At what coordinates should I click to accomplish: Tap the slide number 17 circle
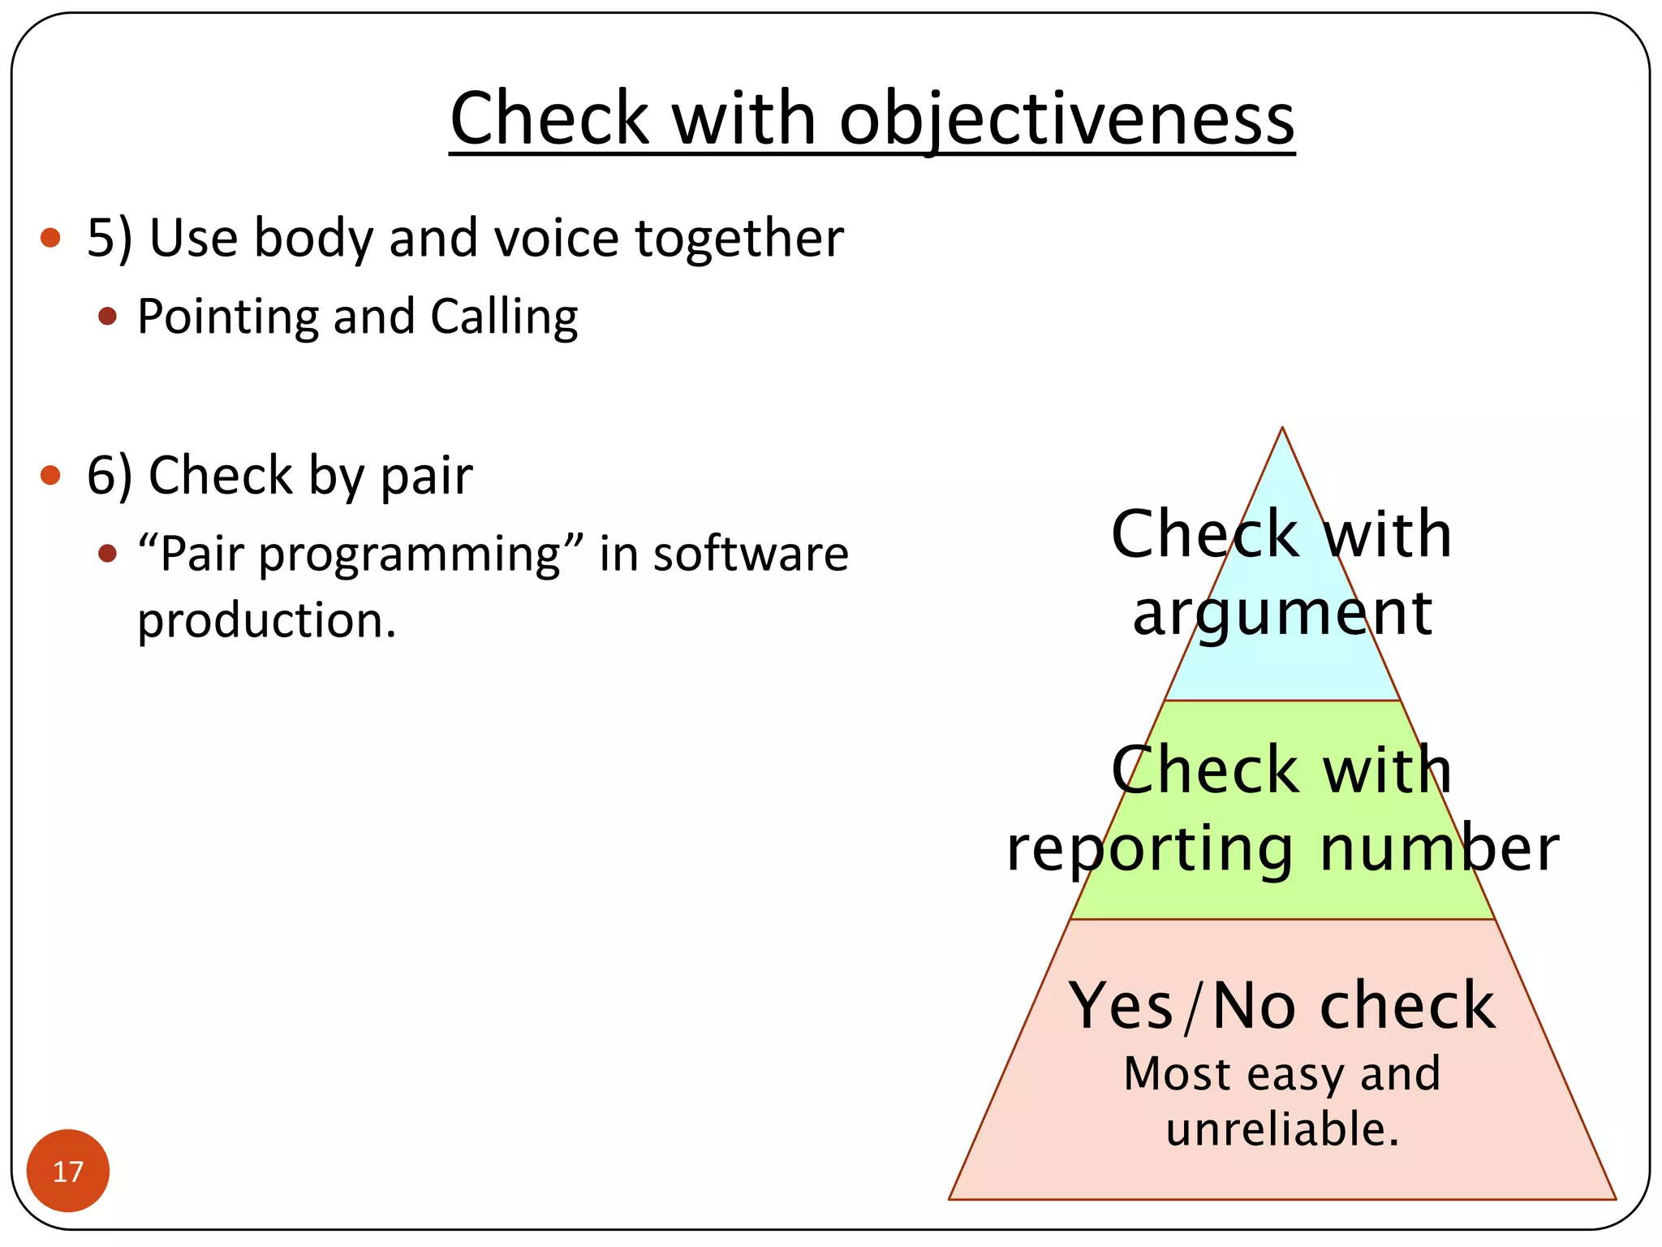68,1171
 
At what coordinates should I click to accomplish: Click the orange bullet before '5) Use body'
50,238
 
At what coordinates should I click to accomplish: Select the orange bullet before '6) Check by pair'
50,475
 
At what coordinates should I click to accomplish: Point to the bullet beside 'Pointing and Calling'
107,316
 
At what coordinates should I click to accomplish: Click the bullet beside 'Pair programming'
107,554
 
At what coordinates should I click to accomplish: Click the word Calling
504,316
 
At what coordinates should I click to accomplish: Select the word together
739,238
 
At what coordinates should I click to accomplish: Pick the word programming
410,556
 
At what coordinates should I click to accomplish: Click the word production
266,621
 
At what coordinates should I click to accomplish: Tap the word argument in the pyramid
1282,614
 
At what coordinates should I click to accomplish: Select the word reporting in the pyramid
1149,849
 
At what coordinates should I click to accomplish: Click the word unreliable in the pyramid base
1282,1128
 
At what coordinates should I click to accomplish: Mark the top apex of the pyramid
1282,428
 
